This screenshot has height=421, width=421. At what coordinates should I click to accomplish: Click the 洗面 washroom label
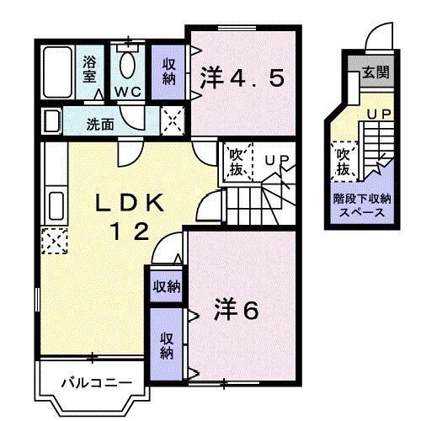tap(100, 124)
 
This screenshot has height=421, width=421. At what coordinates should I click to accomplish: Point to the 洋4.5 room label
tap(242, 79)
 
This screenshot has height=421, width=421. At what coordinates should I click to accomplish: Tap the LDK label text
tap(132, 203)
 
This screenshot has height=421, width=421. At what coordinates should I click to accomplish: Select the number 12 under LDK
tap(131, 229)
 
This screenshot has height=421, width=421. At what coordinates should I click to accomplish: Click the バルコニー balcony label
tap(94, 383)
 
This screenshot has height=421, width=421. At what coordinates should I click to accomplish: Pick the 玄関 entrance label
tap(376, 72)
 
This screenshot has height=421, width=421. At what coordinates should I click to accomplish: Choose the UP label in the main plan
tap(276, 158)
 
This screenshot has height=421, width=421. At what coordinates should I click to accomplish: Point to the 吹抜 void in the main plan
tap(236, 162)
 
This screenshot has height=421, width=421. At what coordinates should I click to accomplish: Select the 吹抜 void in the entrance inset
tap(344, 162)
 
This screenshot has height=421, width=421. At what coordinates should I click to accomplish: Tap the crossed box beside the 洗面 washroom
tap(172, 122)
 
